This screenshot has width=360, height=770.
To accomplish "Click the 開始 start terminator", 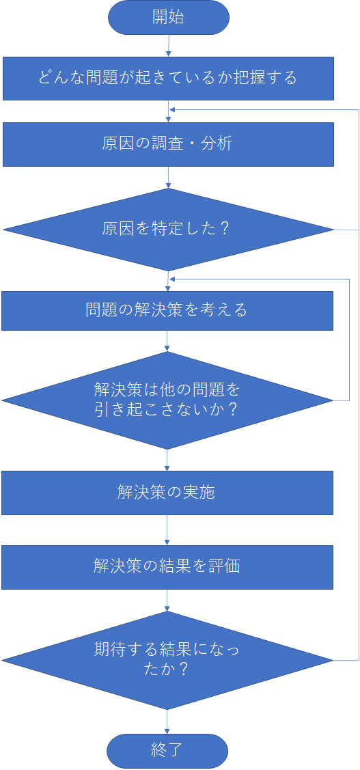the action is (x=169, y=18).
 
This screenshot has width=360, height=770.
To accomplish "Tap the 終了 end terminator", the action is (x=167, y=750).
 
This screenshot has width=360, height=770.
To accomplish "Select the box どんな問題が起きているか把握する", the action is (x=169, y=79).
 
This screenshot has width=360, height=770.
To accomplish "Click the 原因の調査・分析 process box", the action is (x=169, y=144).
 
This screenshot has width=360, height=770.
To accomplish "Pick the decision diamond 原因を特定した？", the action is (x=169, y=230).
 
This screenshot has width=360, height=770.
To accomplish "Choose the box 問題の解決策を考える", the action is (x=167, y=310).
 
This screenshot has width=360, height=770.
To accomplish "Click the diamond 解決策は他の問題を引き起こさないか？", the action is (x=167, y=400).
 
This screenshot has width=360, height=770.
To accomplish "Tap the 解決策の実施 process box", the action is (x=167, y=493).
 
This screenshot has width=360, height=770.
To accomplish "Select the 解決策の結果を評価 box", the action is (x=167, y=567).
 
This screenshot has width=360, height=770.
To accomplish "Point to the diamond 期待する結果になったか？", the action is (x=167, y=661).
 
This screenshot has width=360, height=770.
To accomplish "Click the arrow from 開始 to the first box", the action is (x=169, y=46).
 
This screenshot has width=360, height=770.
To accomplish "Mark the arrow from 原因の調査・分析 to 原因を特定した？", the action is (x=169, y=177).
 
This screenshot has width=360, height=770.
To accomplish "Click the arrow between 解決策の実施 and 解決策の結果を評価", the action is (x=167, y=530).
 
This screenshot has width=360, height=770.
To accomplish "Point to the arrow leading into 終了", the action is (x=167, y=721).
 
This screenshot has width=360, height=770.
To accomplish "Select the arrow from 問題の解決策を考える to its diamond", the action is (x=167, y=341).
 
